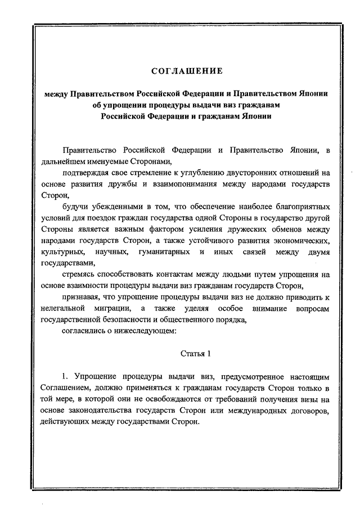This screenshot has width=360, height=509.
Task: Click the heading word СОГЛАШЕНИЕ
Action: pyautogui.click(x=187, y=71)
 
